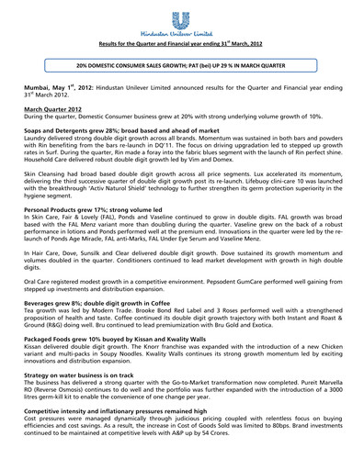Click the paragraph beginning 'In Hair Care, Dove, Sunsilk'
coord(181,300)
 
